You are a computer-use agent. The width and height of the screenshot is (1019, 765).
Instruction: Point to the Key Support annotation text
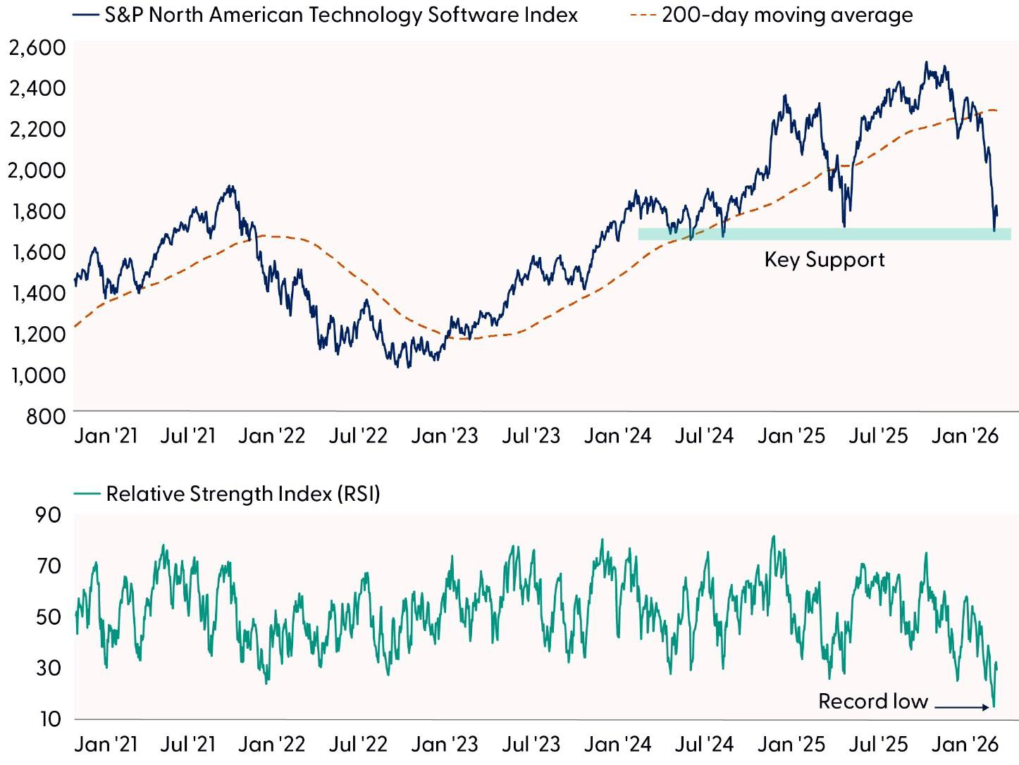824,259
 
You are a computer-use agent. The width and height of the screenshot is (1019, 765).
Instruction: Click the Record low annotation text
872,702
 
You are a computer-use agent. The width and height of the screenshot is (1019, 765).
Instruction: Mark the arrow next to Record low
963,707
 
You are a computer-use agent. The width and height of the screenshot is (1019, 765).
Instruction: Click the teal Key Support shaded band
824,234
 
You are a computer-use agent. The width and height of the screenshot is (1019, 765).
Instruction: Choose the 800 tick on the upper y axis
47,416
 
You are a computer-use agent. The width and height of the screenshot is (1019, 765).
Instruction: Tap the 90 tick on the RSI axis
48,515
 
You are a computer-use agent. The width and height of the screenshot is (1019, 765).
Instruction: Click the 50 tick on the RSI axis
48,617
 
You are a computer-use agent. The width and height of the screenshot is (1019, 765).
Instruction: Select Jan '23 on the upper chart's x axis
444,436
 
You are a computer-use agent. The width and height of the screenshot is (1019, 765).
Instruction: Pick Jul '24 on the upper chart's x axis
704,436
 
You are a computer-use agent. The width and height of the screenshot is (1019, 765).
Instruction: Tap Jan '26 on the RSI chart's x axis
965,744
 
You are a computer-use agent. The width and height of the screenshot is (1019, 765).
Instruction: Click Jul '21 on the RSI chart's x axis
187,744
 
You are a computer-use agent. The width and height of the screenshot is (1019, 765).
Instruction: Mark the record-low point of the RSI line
994,706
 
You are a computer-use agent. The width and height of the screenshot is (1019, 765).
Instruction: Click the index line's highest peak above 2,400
927,63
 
